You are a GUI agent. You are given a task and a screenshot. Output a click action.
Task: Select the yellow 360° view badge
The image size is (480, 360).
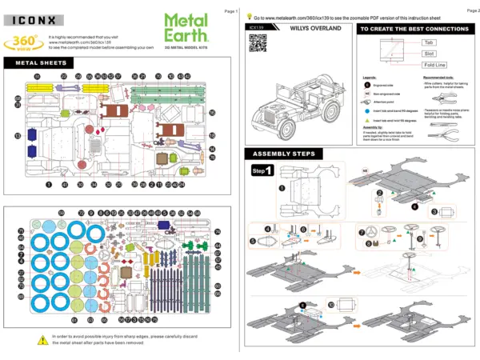[x=24, y=42]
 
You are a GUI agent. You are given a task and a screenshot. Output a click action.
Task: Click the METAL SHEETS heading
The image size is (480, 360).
[x=38, y=63]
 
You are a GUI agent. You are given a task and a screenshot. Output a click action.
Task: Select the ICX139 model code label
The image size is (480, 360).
[x=257, y=29]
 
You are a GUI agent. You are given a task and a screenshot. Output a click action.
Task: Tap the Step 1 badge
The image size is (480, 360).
[x=262, y=170]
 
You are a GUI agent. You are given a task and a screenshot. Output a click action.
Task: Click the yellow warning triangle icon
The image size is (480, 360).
[x=41, y=340]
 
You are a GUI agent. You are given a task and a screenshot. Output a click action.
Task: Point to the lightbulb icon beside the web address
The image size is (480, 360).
[x=250, y=15]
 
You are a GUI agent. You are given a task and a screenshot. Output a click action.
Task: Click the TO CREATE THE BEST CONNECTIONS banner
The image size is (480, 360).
[x=411, y=29]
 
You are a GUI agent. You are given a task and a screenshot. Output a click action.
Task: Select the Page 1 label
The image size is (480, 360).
[x=231, y=11]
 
